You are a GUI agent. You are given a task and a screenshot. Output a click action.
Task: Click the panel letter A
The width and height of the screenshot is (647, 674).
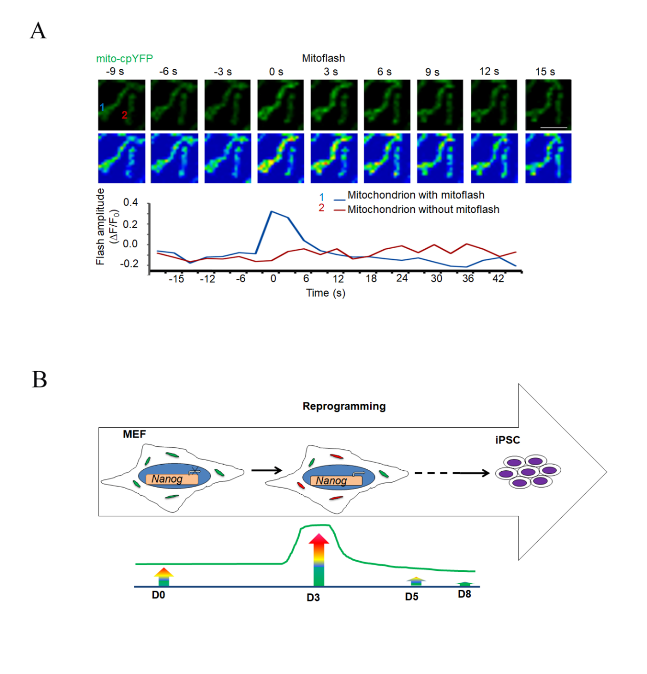click(x=38, y=31)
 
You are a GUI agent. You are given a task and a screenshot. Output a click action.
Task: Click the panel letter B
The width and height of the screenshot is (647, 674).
click(x=39, y=380)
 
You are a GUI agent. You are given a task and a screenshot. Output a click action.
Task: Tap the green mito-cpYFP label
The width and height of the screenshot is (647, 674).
click(x=125, y=59)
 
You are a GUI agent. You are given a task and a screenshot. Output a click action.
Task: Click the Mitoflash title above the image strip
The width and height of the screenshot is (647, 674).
click(x=323, y=58)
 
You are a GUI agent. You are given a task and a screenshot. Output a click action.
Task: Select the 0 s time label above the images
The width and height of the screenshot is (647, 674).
click(x=276, y=72)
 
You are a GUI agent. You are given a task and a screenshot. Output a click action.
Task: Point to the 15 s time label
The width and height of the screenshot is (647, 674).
click(x=545, y=72)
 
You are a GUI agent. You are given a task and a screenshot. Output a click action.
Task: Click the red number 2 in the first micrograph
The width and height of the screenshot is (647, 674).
click(x=124, y=115)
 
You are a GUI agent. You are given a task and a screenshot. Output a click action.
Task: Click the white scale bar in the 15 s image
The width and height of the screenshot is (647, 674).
click(x=553, y=127)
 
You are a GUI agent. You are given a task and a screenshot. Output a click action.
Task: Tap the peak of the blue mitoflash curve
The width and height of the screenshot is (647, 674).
click(x=272, y=211)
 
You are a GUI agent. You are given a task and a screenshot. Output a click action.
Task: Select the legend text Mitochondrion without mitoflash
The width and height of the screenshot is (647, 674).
click(x=423, y=209)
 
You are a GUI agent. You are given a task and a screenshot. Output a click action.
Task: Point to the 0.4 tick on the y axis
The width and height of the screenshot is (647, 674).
click(x=131, y=203)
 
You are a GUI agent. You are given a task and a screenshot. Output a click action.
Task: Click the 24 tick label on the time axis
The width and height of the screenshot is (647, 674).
click(x=402, y=278)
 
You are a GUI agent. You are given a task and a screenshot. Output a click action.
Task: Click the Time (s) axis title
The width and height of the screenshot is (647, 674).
click(x=325, y=293)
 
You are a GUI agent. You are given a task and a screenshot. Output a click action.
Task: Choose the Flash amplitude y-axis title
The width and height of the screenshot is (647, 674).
click(x=101, y=227)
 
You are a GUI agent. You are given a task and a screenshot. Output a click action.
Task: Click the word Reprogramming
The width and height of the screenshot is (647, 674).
click(x=344, y=406)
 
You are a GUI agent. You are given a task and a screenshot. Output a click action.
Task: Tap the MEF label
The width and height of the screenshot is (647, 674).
click(x=134, y=435)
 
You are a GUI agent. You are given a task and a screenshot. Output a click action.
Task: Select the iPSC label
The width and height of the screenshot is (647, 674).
click(x=508, y=440)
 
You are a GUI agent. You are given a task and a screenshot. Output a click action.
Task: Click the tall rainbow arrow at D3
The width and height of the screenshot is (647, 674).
click(x=319, y=559)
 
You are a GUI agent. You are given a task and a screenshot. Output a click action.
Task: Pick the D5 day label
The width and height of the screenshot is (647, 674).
click(x=412, y=597)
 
